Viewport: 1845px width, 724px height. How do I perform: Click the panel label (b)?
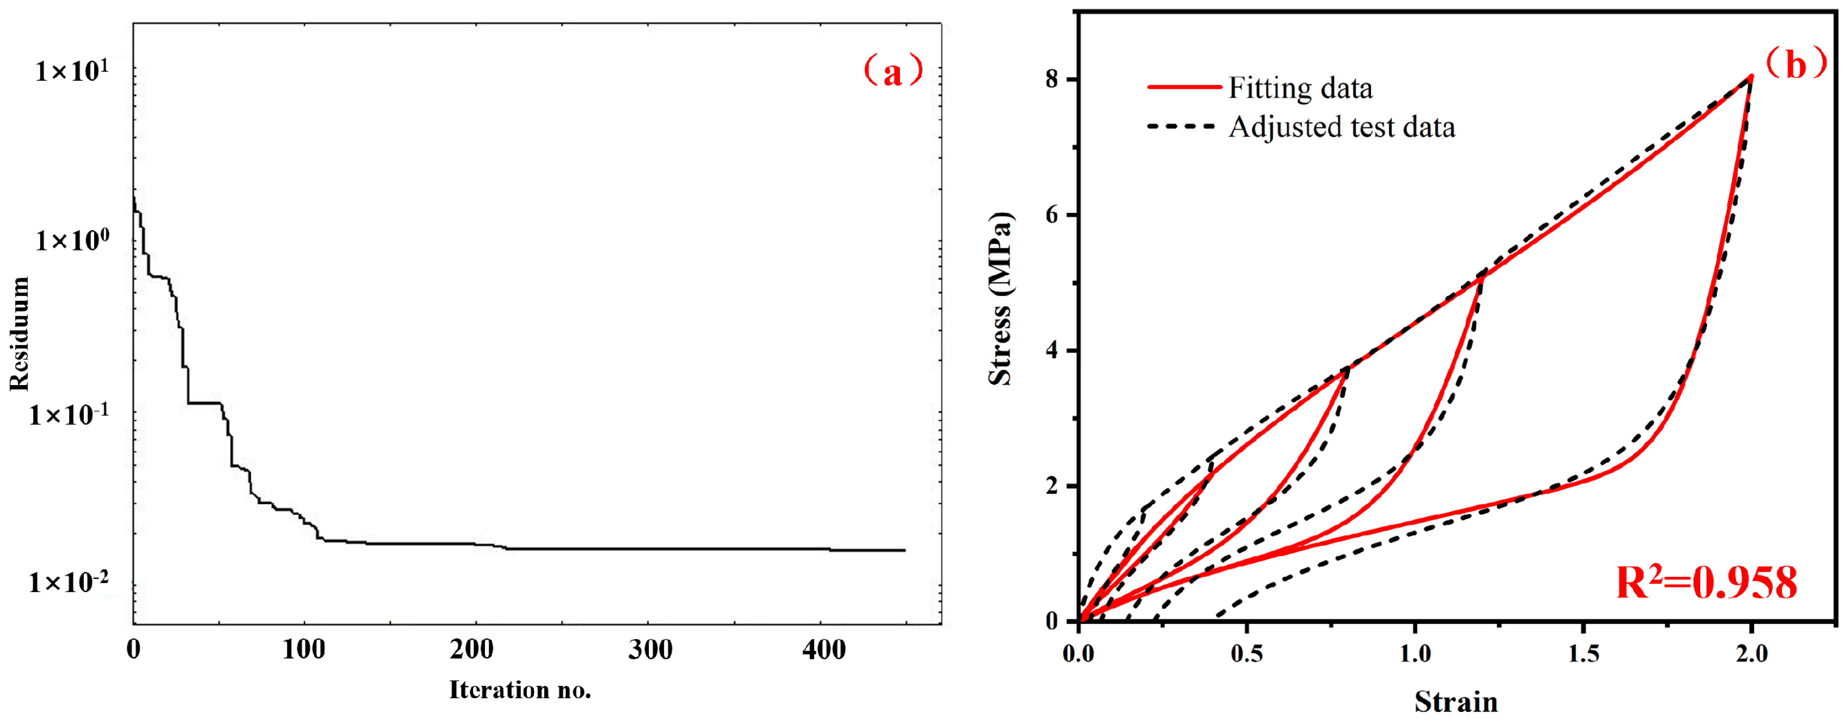click(x=1796, y=65)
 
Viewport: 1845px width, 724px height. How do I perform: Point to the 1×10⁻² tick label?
click(x=69, y=583)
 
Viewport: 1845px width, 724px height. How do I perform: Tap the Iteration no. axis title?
click(x=520, y=689)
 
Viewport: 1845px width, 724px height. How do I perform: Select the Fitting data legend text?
click(x=1301, y=88)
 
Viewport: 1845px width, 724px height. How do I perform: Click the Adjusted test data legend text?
click(x=1342, y=127)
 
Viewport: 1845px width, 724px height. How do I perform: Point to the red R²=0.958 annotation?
click(x=1706, y=583)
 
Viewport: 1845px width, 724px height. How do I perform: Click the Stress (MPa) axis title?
click(x=1000, y=299)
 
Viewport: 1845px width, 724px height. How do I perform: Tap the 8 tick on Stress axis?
click(x=1052, y=79)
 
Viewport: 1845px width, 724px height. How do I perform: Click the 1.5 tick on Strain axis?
click(x=1584, y=653)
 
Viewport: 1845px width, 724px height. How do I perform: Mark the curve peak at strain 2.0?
click(x=1751, y=76)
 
